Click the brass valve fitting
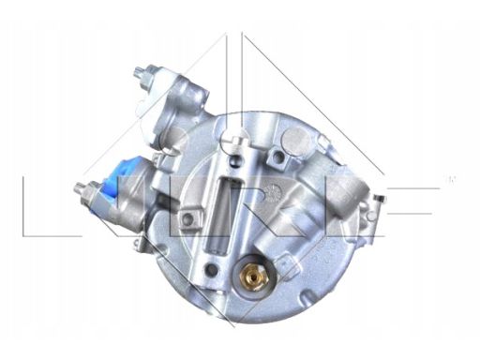click(253, 276)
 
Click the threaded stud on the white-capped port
click(138, 74)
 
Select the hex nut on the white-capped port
click(150, 73)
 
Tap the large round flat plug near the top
click(295, 138)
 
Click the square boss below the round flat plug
click(277, 157)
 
